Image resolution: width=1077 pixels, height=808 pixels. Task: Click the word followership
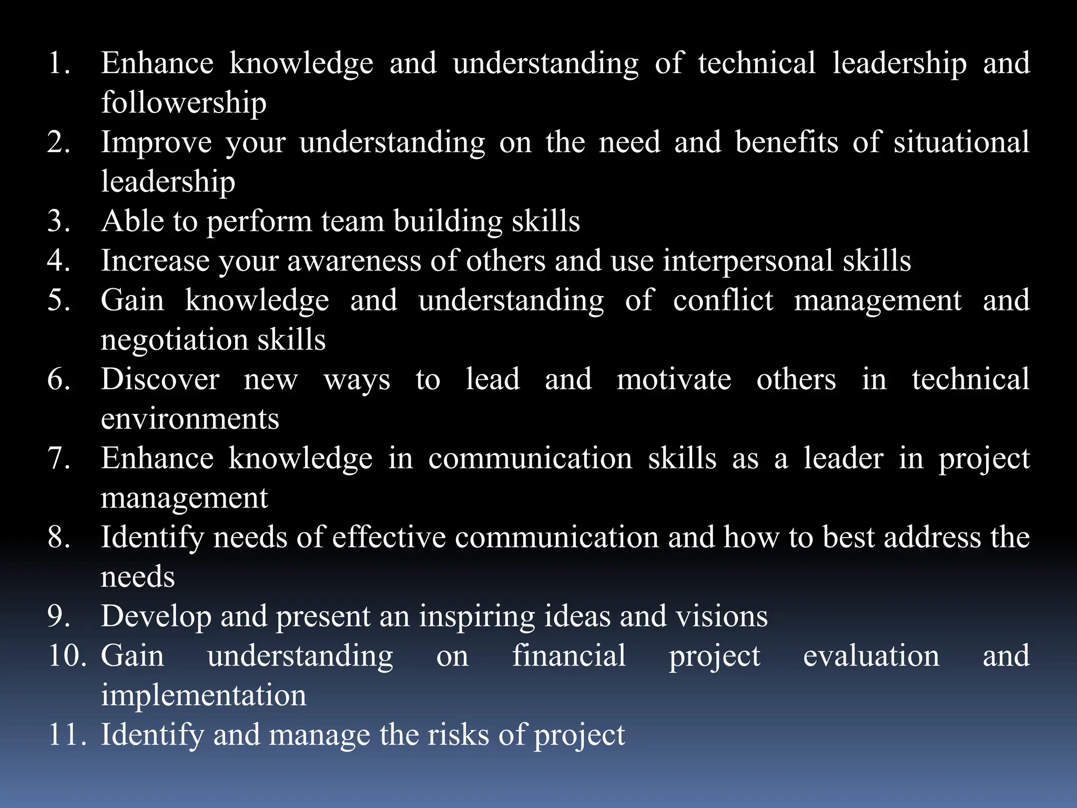(x=184, y=103)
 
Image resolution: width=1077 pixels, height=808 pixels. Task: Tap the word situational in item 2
(x=961, y=143)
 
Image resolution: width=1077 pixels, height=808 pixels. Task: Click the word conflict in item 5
(x=723, y=300)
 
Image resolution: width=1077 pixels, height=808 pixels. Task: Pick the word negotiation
(x=174, y=340)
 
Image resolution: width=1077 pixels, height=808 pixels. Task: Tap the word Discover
(x=160, y=379)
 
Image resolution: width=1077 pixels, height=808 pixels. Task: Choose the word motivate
(x=674, y=379)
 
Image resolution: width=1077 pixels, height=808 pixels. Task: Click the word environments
(x=190, y=419)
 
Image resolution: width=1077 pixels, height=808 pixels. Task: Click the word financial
(x=569, y=656)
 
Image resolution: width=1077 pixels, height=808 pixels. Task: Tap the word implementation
(x=204, y=695)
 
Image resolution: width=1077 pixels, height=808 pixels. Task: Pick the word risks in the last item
(x=458, y=735)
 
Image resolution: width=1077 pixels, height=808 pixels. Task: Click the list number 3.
(x=58, y=221)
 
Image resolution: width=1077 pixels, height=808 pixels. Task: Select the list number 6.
(x=58, y=379)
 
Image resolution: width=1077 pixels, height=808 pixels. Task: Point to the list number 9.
(x=58, y=617)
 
